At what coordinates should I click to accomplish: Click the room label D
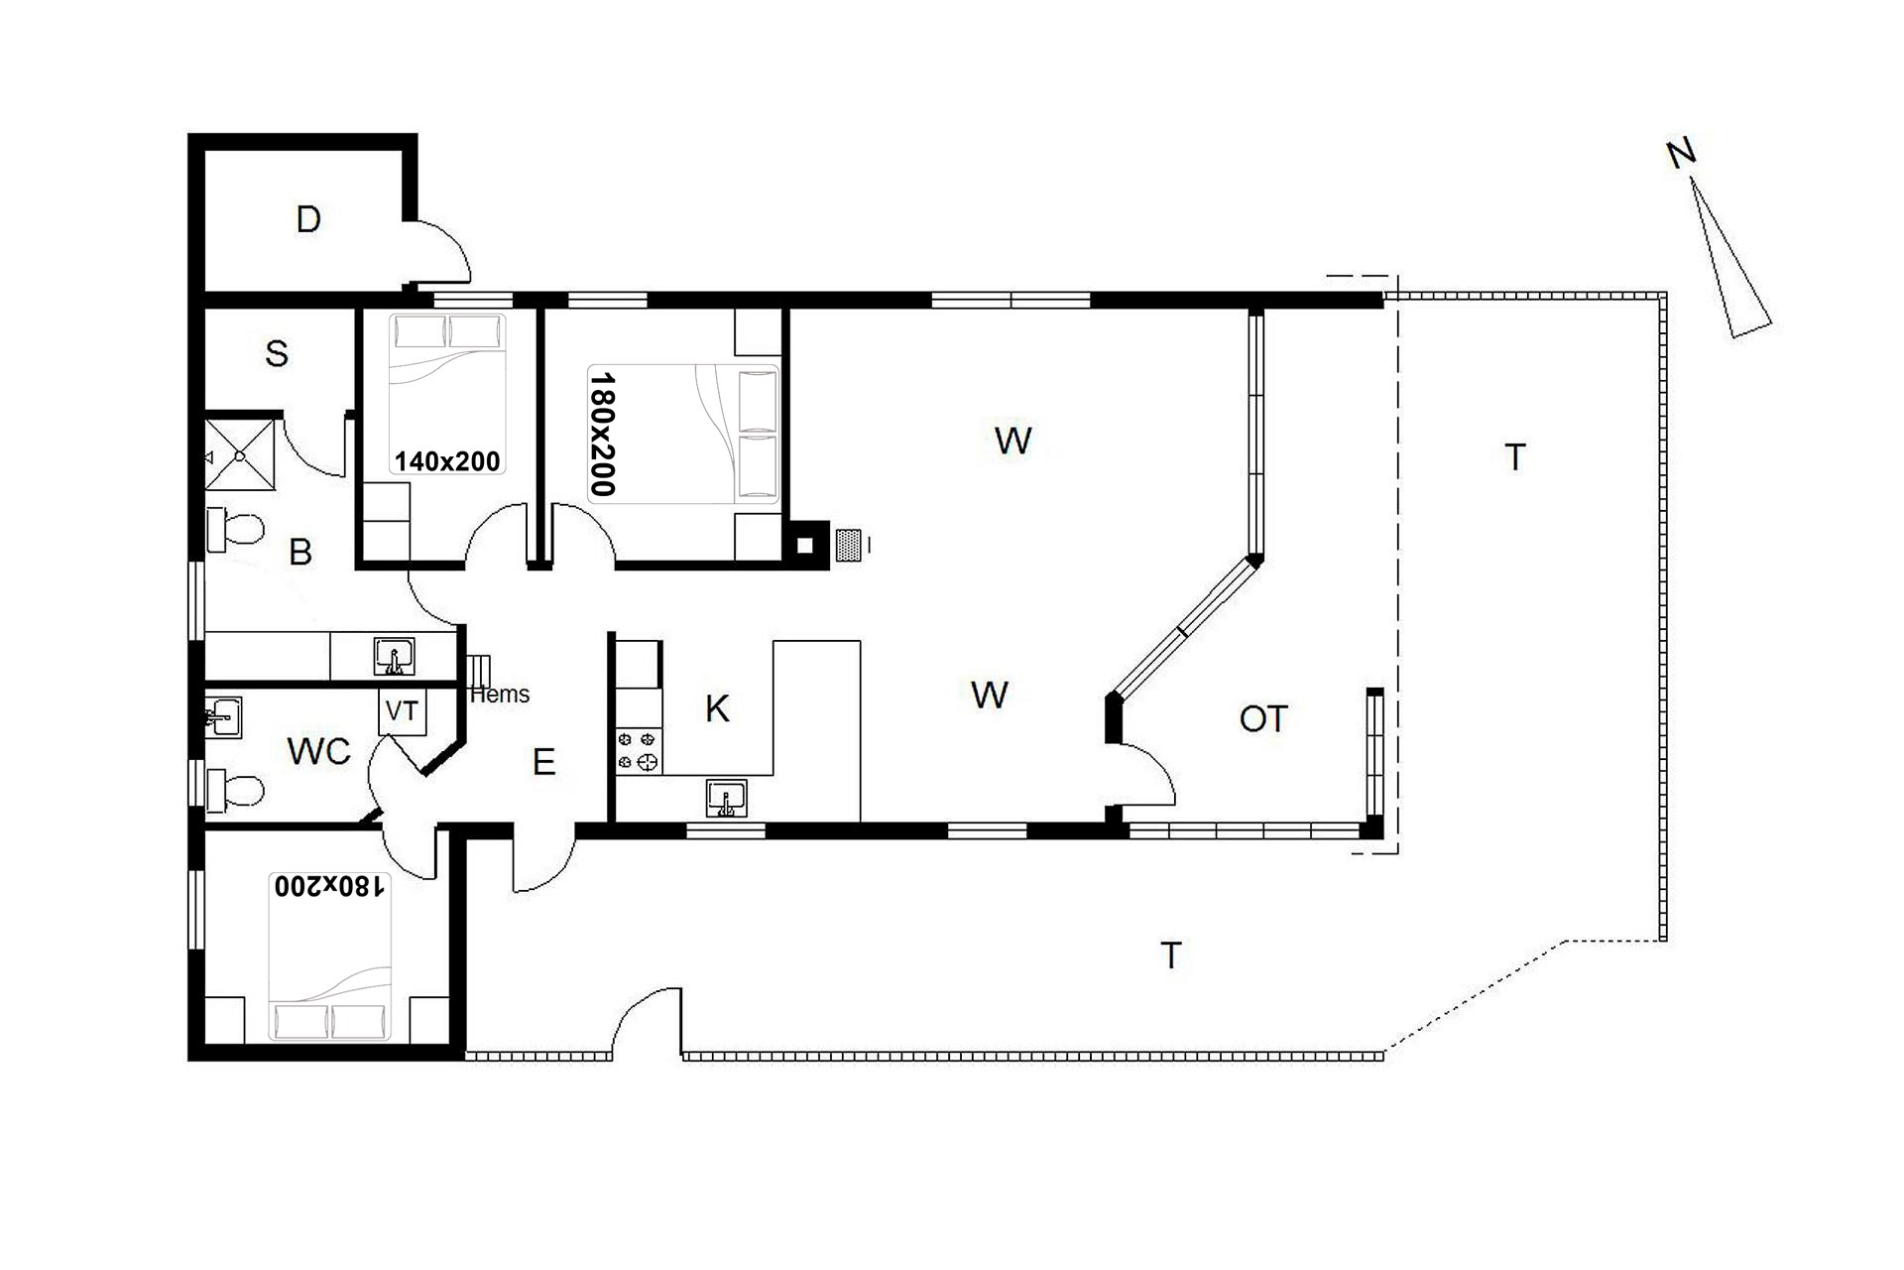tap(308, 219)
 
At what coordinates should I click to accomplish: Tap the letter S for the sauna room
tap(277, 353)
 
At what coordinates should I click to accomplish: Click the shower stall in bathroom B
tap(239, 454)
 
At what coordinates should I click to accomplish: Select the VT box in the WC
tap(402, 711)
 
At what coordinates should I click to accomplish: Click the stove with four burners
tap(639, 750)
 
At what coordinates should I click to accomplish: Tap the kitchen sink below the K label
tap(727, 798)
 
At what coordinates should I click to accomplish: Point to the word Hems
tap(500, 695)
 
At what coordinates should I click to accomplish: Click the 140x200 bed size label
tap(447, 461)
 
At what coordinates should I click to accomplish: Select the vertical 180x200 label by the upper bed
tap(603, 434)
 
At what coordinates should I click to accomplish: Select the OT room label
tap(1263, 719)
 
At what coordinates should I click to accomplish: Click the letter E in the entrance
tap(543, 762)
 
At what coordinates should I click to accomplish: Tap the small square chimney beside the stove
tap(806, 545)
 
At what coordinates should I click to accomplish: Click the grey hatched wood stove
tap(849, 545)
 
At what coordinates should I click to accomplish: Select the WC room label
tap(319, 752)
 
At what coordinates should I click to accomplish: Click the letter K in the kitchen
tap(717, 708)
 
